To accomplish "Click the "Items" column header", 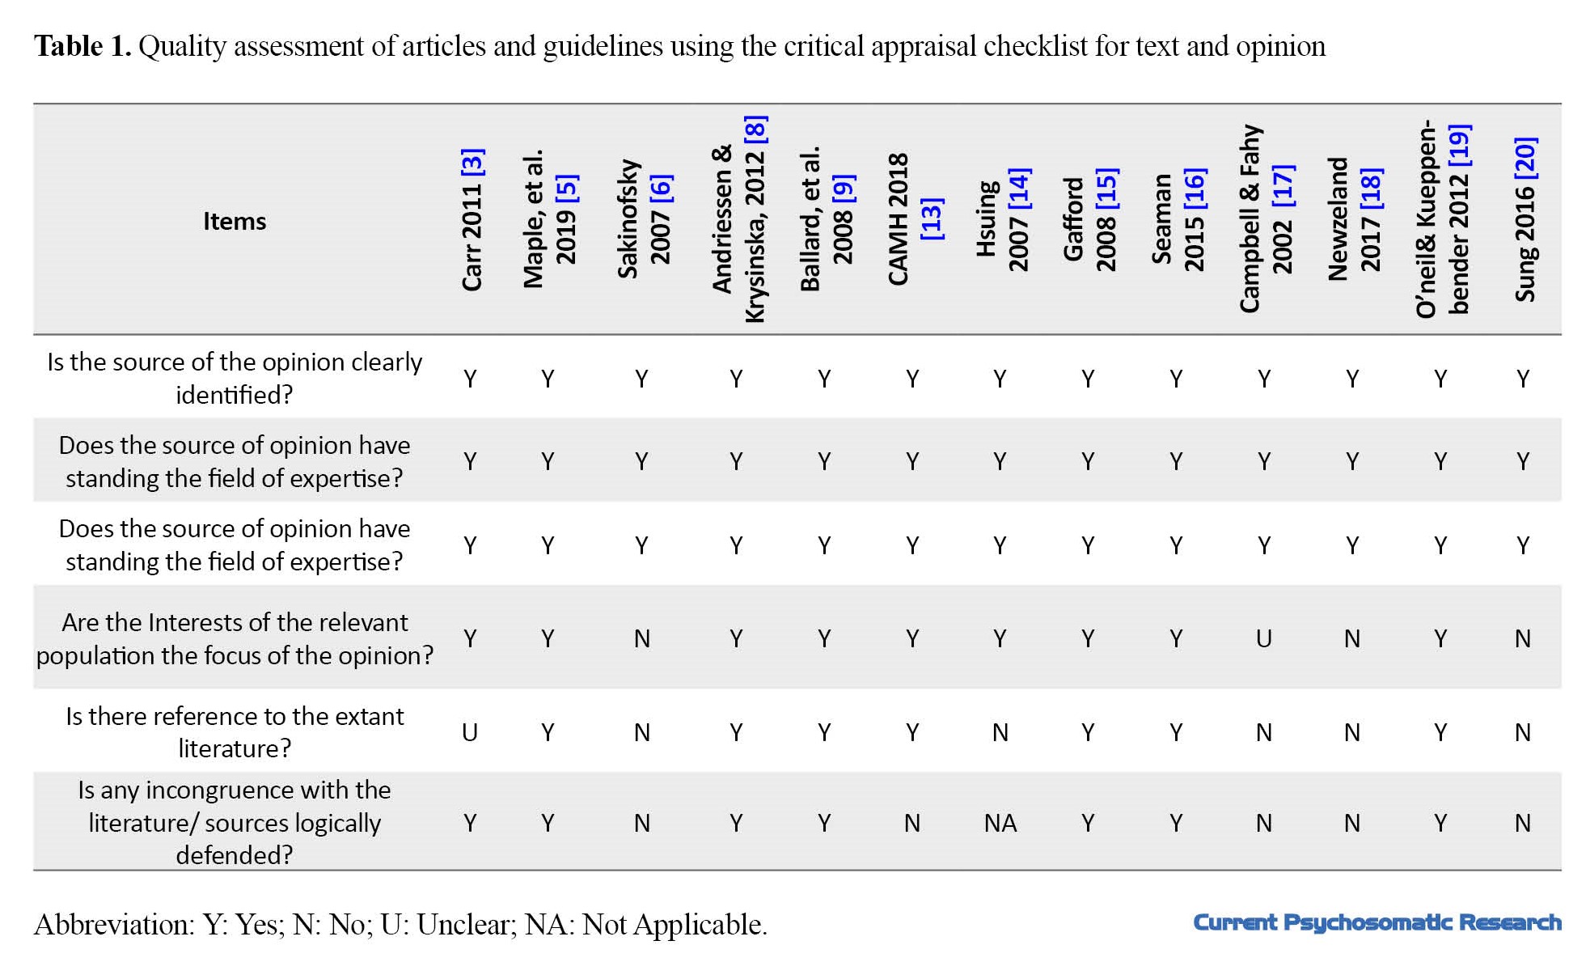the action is tap(234, 221).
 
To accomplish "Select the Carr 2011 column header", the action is tap(472, 219).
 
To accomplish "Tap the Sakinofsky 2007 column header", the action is tap(644, 218).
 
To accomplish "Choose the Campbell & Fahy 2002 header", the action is tap(1267, 218).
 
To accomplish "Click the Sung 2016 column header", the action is tap(1525, 219).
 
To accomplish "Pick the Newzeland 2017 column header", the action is tap(1354, 218).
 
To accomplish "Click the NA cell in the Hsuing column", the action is tap(1000, 823).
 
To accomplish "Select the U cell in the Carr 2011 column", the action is tap(470, 732).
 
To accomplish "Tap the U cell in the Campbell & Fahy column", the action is tap(1264, 639).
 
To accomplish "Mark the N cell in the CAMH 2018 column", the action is tap(912, 823).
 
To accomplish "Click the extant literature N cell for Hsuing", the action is tap(1000, 732).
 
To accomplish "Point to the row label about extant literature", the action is tap(235, 732).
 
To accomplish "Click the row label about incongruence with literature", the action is tap(235, 822).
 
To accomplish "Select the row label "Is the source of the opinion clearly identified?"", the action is tap(235, 378).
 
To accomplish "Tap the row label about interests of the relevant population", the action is tap(235, 638).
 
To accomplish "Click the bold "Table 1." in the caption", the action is tap(82, 46).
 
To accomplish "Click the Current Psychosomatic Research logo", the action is tap(1377, 922).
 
